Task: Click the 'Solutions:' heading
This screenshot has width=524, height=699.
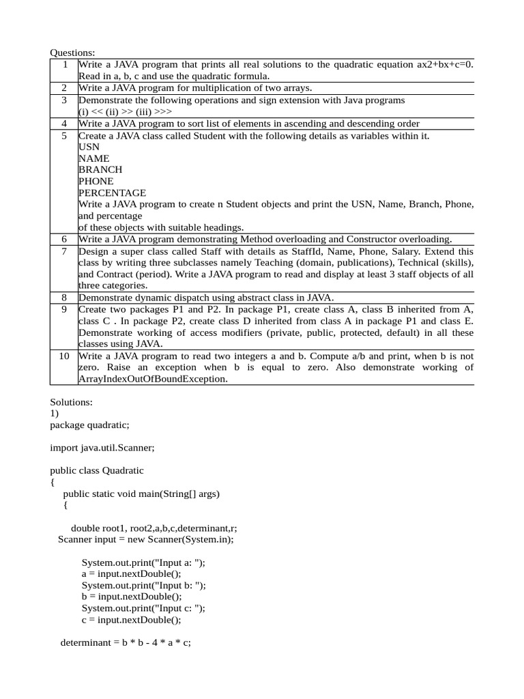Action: coord(71,402)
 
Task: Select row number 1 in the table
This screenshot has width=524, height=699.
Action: coord(64,64)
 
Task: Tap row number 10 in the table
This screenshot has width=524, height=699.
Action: coord(64,356)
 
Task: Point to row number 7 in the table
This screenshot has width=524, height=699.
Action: coord(64,251)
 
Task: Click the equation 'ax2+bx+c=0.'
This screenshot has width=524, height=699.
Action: coord(445,64)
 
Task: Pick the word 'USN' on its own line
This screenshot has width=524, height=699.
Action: coord(89,146)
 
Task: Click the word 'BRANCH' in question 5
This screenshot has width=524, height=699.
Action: coord(100,169)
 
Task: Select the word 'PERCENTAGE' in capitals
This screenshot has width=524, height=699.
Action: coord(112,192)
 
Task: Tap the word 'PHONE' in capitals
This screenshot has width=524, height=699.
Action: coord(96,181)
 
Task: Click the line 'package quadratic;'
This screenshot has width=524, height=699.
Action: coord(89,425)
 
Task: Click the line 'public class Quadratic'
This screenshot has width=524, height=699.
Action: coord(97,470)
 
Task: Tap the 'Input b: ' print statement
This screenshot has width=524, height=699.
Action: coord(143,585)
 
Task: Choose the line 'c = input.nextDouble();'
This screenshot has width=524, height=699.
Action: coord(132,620)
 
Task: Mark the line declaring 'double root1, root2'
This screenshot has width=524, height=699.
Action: coord(154,528)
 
